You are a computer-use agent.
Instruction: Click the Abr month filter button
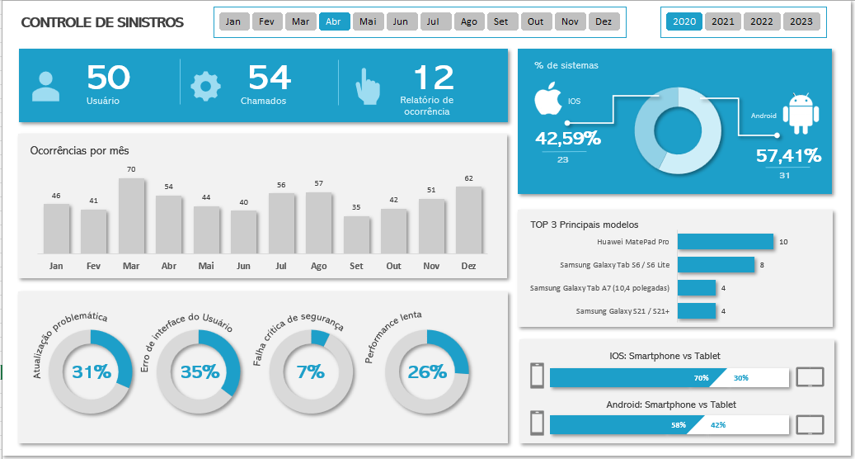[x=334, y=21]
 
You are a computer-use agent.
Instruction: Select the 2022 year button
[x=761, y=21]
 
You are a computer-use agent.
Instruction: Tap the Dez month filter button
[x=604, y=21]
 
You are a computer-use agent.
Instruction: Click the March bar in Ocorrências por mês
[x=131, y=215]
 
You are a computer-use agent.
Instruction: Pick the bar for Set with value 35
[x=356, y=234]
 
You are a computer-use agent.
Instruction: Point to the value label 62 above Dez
[x=468, y=178]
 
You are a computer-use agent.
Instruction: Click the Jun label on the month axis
[x=243, y=266]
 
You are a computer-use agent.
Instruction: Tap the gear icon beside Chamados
[x=205, y=87]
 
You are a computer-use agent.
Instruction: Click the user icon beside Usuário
[x=45, y=86]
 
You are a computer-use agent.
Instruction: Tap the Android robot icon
[x=800, y=114]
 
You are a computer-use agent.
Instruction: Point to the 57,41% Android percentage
[x=788, y=155]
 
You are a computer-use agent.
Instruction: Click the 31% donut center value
[x=91, y=372]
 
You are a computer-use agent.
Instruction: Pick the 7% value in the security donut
[x=310, y=372]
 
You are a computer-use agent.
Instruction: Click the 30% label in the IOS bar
[x=740, y=377]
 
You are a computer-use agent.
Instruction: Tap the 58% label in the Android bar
[x=678, y=424]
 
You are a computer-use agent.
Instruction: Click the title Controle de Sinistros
[x=102, y=22]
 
